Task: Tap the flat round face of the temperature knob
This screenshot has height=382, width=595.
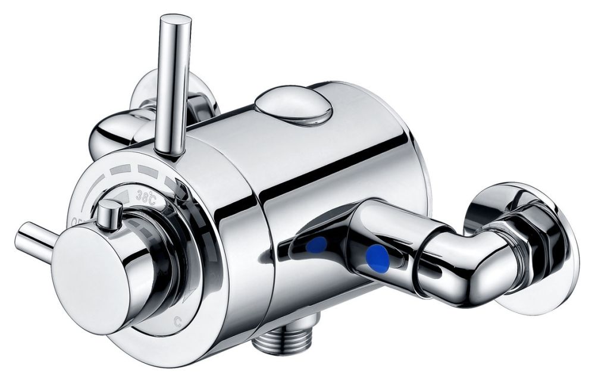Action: coord(89,274)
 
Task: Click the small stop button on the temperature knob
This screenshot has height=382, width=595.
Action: coord(109,214)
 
